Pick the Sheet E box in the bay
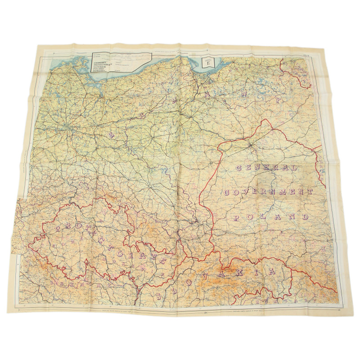point(207,63)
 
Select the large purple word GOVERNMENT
point(267,192)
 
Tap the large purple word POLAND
point(265,217)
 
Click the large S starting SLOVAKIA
point(159,296)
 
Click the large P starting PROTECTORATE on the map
point(58,229)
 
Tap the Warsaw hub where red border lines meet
point(250,145)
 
